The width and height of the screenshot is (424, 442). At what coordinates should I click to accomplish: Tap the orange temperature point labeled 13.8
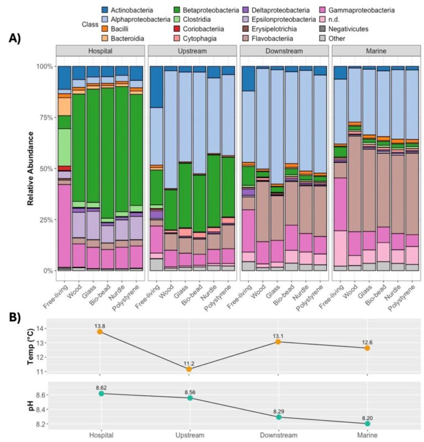(x=100, y=331)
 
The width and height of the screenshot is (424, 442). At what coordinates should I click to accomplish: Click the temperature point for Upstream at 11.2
(x=189, y=369)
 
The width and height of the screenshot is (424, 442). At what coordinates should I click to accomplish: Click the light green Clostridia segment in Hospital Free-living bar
(x=65, y=143)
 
